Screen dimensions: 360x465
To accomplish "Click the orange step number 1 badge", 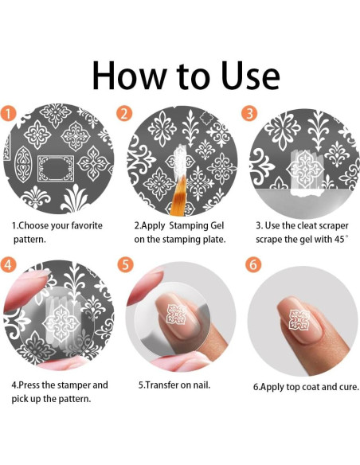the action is [x=8, y=113].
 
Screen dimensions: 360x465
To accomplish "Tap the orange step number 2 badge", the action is [x=124, y=113].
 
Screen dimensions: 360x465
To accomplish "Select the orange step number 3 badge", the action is [x=249, y=113].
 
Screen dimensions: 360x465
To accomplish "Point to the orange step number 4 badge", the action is [x=8, y=264].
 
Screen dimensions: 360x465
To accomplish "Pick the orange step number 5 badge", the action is [x=125, y=264].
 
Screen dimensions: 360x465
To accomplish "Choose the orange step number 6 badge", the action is [x=253, y=264].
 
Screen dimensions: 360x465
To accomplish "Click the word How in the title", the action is [x=130, y=76].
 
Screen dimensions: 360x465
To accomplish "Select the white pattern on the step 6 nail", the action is [x=299, y=318].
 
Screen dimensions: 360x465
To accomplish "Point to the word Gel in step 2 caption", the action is [x=217, y=225].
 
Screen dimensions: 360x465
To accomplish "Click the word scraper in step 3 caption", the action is [x=332, y=225].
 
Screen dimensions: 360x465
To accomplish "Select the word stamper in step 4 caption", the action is [x=74, y=385].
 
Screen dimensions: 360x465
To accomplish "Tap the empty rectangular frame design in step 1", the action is [x=56, y=169].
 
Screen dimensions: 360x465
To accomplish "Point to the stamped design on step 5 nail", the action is [x=176, y=314].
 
